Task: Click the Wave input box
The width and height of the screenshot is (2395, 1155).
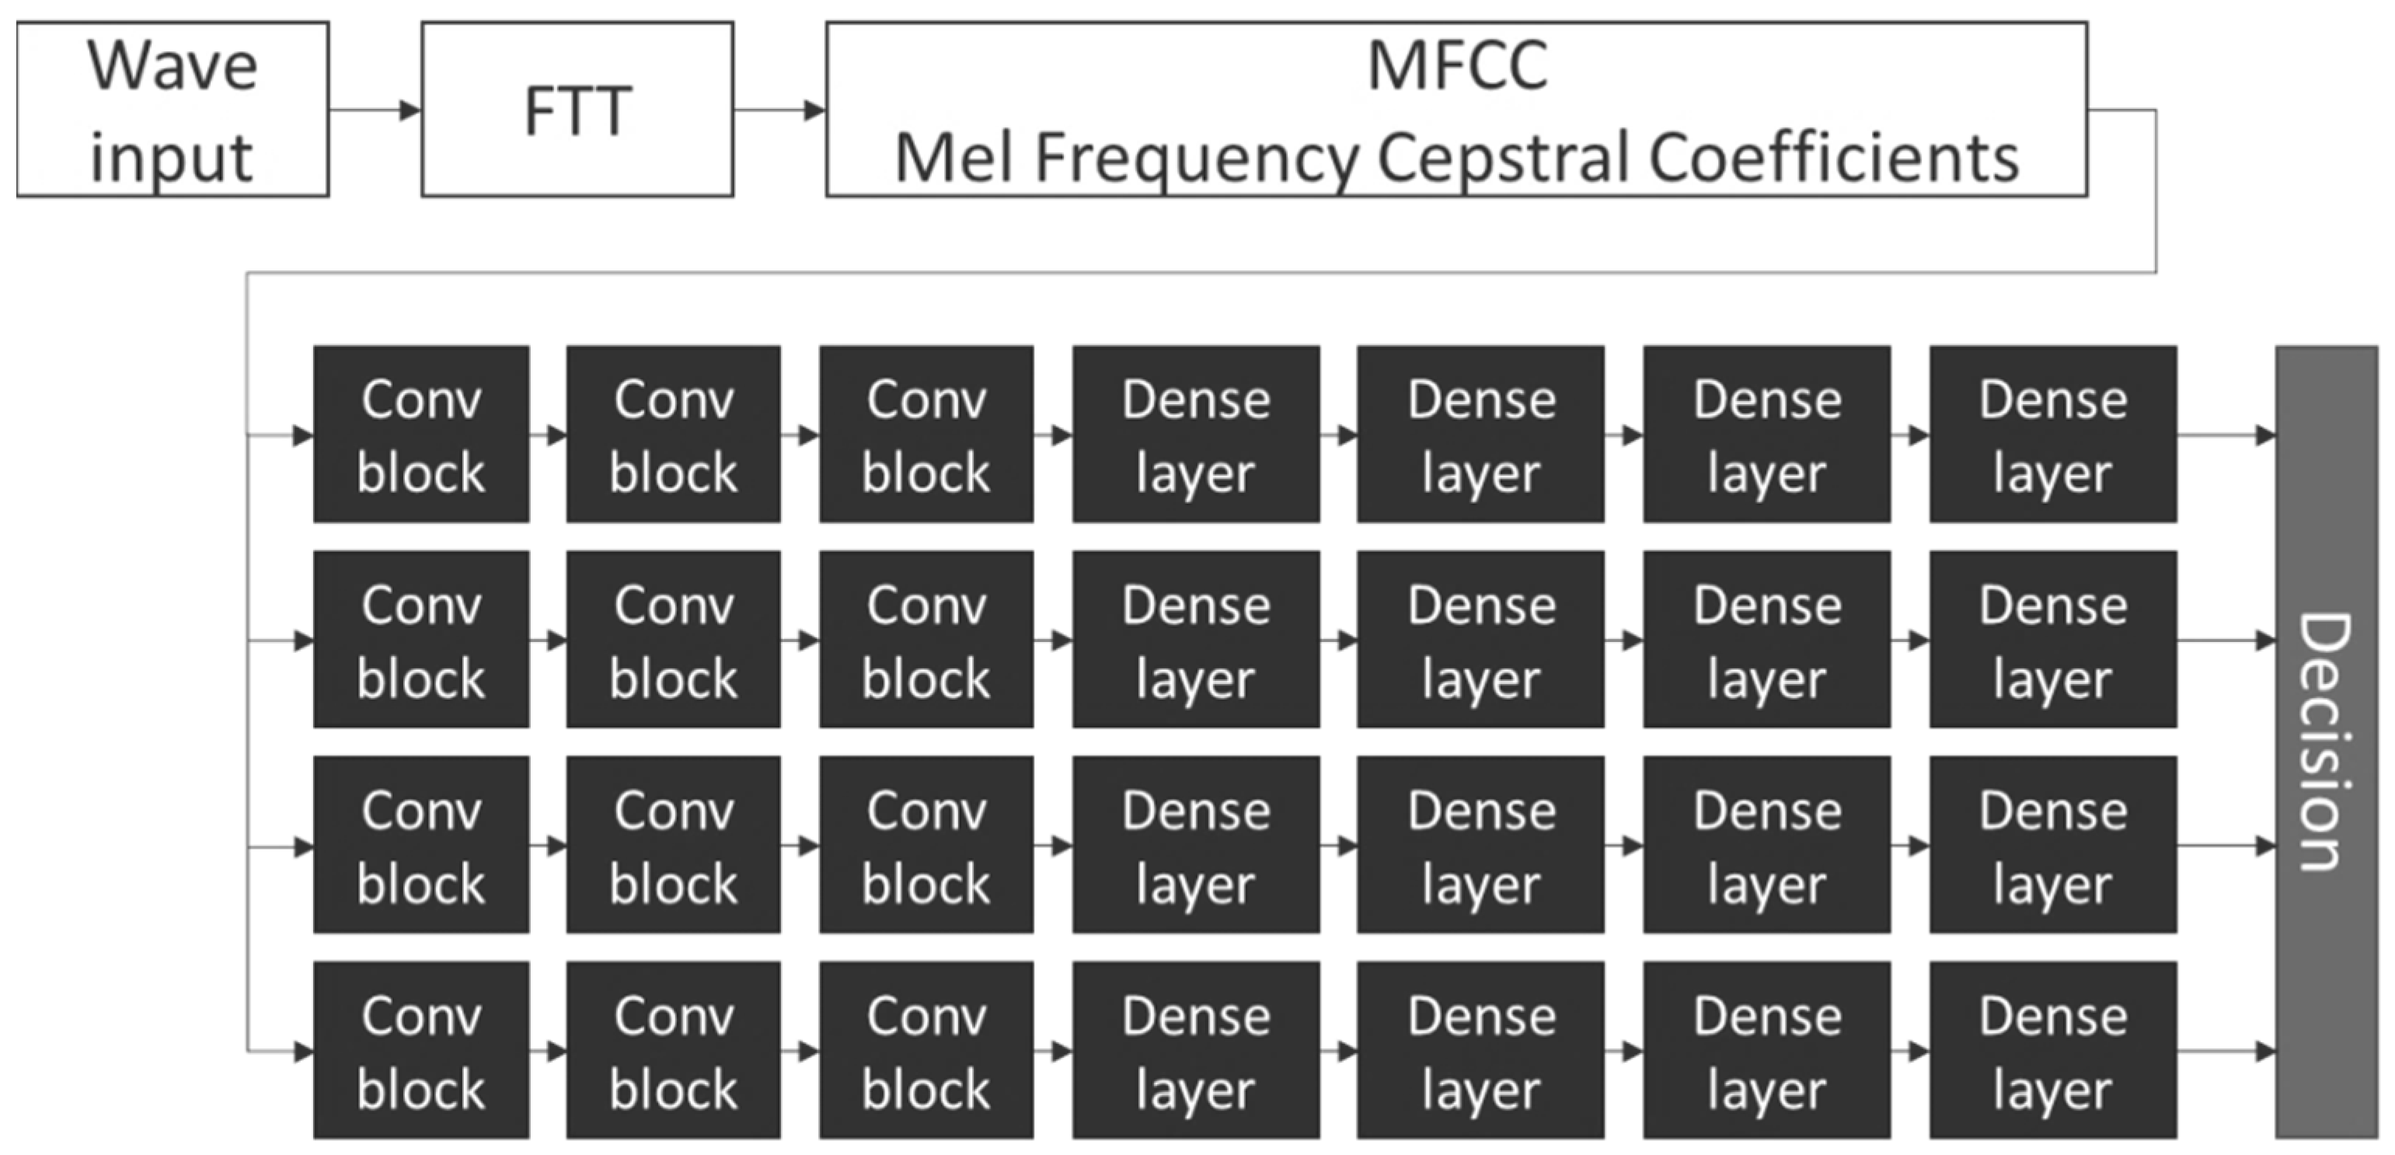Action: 173,110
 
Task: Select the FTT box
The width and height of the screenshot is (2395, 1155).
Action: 577,110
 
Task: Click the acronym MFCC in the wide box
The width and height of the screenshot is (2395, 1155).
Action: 1457,67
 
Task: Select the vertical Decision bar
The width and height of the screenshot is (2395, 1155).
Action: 2325,742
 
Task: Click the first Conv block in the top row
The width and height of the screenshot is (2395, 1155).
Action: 421,434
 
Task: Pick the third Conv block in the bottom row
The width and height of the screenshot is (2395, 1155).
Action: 926,1050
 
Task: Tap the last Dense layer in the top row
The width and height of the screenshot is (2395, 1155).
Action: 2052,434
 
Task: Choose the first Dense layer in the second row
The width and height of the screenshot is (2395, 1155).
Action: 1196,640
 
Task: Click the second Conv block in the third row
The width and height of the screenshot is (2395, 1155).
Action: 673,844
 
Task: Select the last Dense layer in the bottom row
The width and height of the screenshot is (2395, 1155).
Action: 2052,1050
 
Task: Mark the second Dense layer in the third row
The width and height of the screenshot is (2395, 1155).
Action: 1480,844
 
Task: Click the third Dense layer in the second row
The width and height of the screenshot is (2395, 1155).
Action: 1766,640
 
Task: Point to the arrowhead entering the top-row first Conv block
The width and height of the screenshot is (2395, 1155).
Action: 303,434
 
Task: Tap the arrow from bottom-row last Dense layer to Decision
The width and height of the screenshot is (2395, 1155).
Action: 2226,1052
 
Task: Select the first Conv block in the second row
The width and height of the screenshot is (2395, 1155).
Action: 421,640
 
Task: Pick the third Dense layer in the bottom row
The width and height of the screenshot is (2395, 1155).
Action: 1766,1050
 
